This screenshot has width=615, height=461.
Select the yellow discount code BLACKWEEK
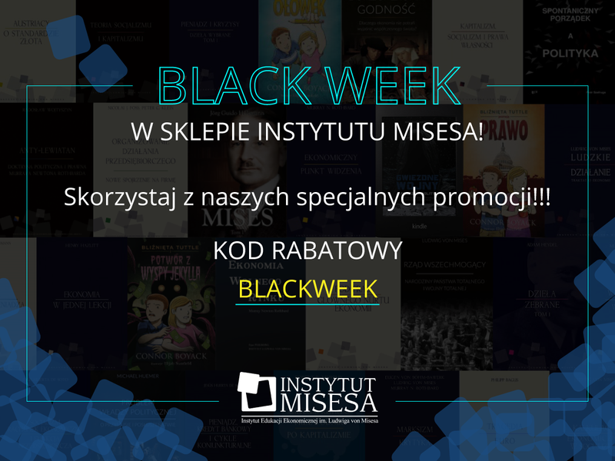pos(307,288)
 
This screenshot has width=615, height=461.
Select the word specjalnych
pos(376,197)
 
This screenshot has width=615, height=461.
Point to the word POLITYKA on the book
pos(569,54)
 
